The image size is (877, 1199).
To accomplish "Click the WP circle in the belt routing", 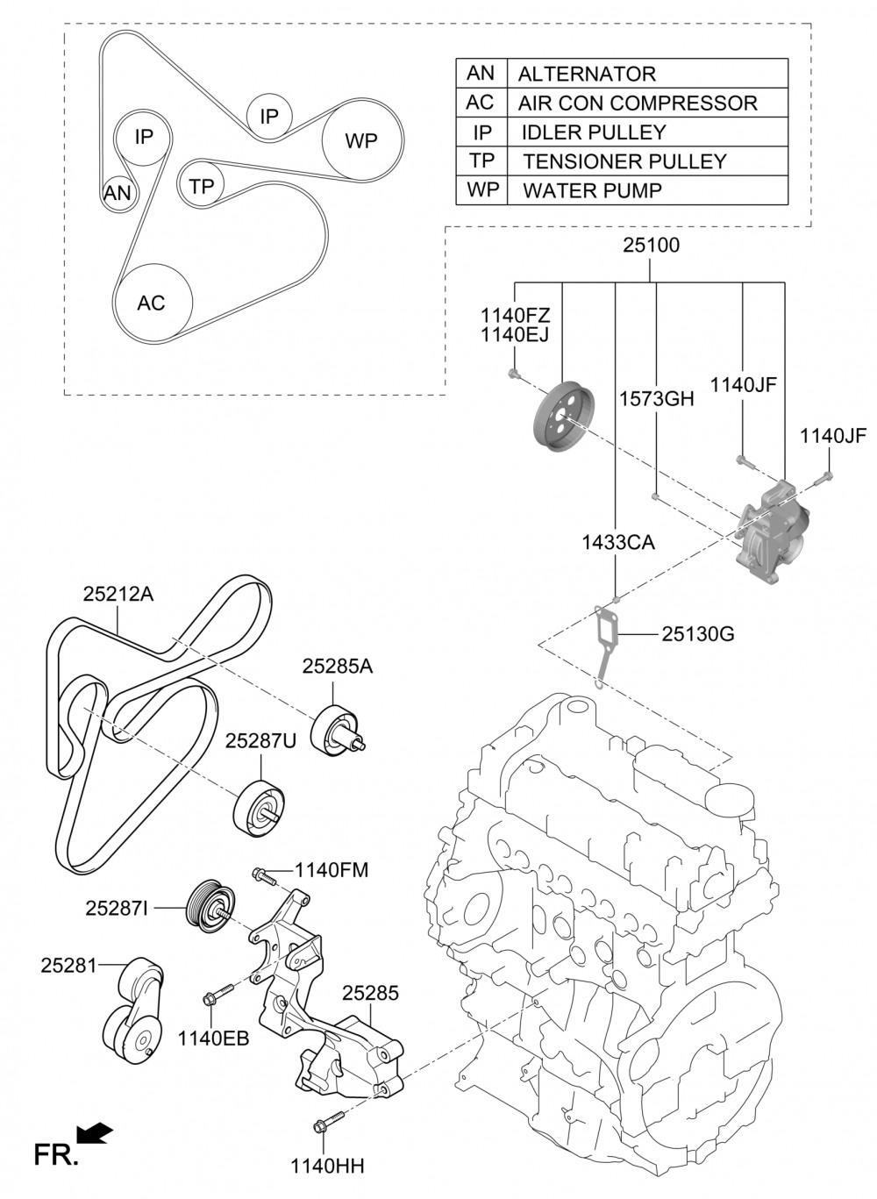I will tap(361, 140).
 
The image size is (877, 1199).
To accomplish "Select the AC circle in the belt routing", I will tap(152, 303).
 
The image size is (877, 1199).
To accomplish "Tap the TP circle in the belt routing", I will tap(202, 186).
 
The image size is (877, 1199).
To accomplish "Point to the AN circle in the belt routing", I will tap(117, 192).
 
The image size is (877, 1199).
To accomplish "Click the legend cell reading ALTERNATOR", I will tap(587, 74).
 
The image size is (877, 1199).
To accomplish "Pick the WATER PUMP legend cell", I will tap(592, 190).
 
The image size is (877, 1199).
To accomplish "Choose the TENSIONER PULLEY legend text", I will tap(624, 161).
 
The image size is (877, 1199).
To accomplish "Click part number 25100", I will tap(651, 246).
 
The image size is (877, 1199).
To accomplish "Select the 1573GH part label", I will tap(656, 399).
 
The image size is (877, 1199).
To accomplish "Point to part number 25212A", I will tap(118, 595).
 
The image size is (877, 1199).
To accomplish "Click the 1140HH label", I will tap(327, 1166).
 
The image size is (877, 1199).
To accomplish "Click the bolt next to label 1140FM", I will tap(264, 874).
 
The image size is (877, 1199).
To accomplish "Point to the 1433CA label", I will tap(617, 543).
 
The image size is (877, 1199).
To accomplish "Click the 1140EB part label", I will tap(213, 1038).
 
